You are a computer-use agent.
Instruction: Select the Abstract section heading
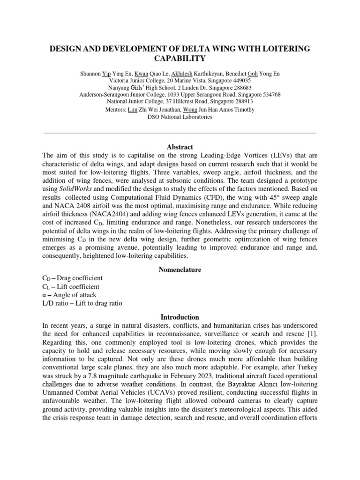click(x=180, y=147)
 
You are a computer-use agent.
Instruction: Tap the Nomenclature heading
click(x=180, y=270)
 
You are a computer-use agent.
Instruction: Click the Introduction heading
click(x=180, y=317)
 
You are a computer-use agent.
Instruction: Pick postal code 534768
click(x=268, y=94)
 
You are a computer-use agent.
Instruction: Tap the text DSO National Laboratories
click(x=180, y=117)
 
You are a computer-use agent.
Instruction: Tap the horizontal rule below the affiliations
click(x=180, y=133)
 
